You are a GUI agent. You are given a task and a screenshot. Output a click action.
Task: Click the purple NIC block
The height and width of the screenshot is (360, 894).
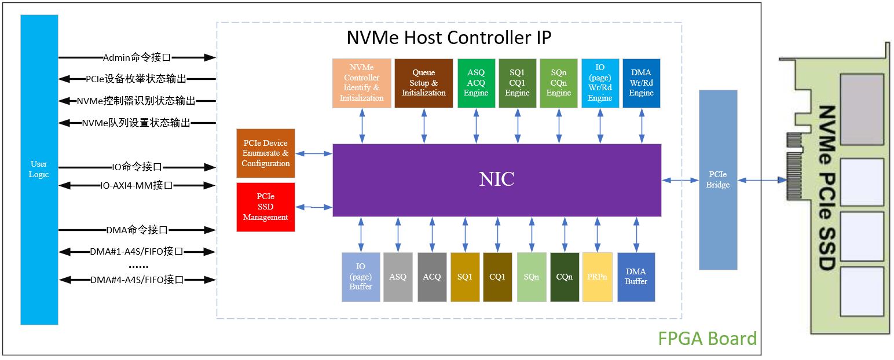497,180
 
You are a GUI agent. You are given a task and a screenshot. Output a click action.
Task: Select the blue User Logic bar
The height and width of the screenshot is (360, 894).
39,170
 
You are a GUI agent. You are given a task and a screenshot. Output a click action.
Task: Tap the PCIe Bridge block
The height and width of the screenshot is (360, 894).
718,179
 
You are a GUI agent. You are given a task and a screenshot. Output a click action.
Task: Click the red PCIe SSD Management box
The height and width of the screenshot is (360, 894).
265,207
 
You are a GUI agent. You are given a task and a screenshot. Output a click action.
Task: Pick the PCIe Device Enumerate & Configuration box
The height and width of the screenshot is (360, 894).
265,153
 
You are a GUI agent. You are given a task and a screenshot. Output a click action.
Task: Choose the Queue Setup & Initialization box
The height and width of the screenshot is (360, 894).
423,83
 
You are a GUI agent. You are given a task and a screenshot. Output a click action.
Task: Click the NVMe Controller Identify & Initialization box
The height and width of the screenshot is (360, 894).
362,83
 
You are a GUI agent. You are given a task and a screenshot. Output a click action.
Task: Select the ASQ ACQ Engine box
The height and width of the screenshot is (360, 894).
476,83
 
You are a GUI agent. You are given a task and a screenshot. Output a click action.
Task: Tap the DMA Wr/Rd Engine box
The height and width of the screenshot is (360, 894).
641,83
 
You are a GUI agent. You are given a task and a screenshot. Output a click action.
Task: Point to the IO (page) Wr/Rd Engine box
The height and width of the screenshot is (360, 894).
600,83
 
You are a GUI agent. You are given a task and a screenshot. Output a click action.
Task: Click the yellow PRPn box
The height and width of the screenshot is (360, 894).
597,277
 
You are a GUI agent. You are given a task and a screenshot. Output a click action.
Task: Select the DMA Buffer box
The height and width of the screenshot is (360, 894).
636,277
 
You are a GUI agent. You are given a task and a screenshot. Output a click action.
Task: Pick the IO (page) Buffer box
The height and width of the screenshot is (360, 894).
361,277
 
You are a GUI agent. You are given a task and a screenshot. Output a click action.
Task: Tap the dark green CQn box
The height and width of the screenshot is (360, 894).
564,277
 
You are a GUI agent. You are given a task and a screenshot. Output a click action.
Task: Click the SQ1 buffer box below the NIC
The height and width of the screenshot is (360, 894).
465,277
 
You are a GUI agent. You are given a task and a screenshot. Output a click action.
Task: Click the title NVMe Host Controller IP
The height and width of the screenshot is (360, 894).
449,38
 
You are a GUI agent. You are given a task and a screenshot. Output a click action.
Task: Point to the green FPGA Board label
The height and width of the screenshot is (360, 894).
707,338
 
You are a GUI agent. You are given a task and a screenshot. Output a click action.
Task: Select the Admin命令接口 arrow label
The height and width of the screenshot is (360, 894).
137,57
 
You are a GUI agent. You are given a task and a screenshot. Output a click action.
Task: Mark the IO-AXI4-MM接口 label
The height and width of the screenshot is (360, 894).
137,186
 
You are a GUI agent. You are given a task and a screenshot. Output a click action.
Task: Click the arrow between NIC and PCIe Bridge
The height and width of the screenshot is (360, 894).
680,181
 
